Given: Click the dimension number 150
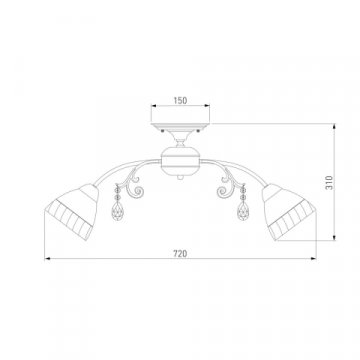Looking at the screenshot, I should (179, 100).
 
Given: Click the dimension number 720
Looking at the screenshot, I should (179, 255).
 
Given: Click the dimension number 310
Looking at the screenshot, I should (342, 179).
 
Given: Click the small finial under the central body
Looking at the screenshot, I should (179, 178).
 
